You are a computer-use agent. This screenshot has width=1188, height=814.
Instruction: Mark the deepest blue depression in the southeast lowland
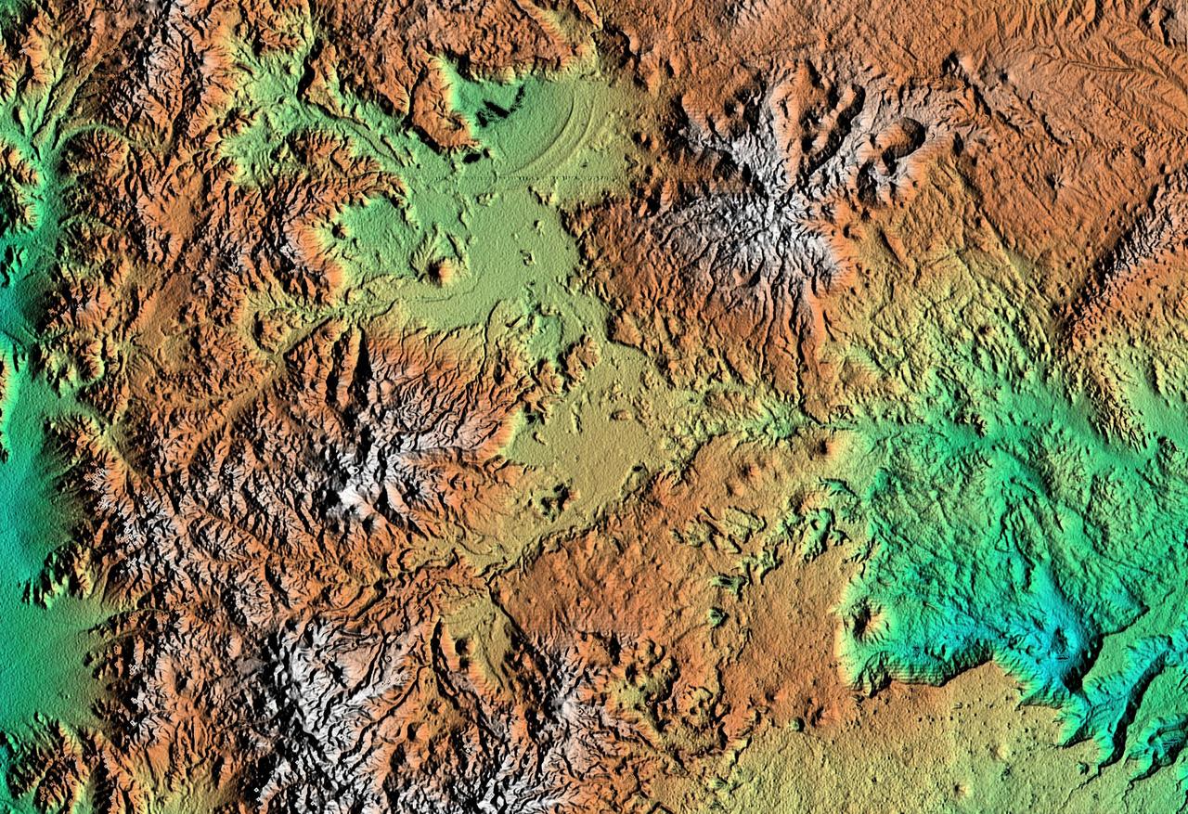[1067, 645]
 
